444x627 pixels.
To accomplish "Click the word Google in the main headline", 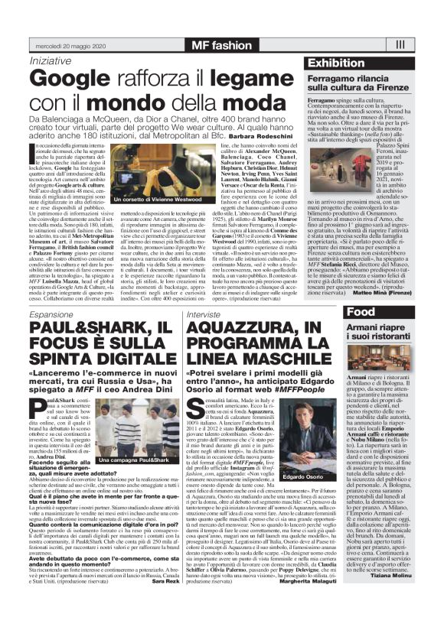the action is pos(73,78).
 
